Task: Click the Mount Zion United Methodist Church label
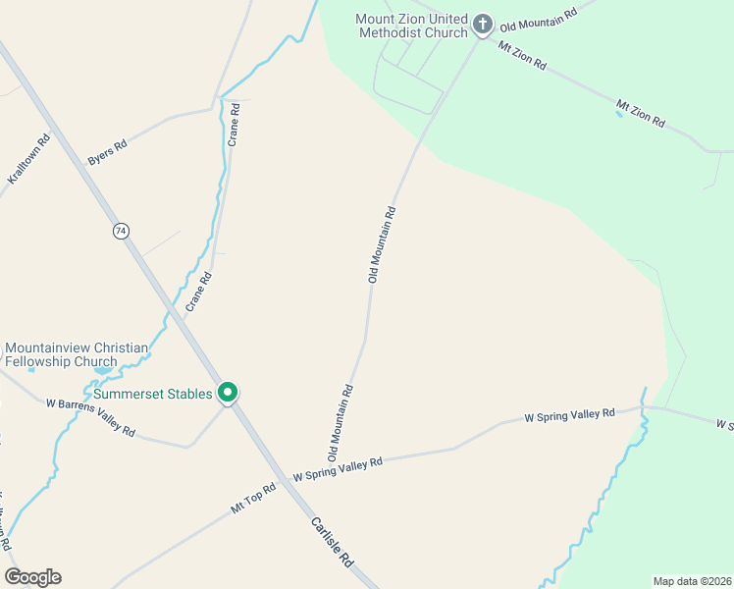point(411,27)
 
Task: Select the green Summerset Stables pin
point(228,393)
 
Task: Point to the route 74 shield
point(121,231)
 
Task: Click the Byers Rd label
point(107,151)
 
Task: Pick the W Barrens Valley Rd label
point(90,418)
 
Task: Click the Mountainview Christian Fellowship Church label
point(77,354)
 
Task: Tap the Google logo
point(32,577)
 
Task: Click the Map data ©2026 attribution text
point(692,581)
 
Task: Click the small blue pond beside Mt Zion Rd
point(618,115)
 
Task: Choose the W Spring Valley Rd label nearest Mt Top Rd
point(337,469)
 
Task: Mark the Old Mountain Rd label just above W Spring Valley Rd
point(340,423)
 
